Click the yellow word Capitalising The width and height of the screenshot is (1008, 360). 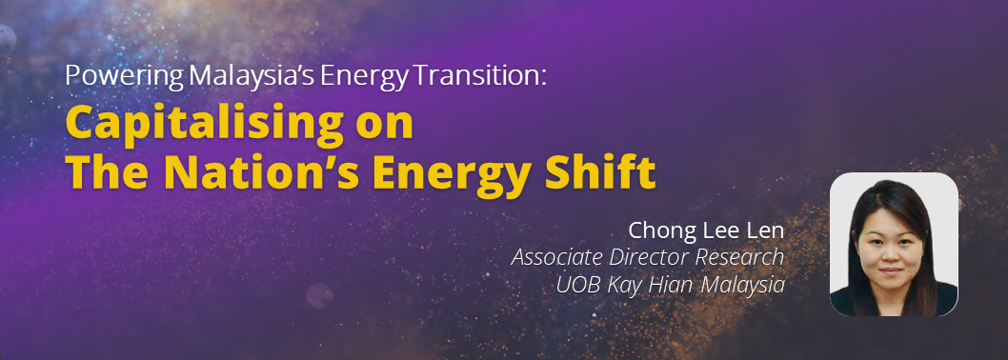click(204, 126)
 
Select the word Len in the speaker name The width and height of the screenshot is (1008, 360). click(765, 230)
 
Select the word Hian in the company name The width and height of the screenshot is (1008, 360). click(670, 285)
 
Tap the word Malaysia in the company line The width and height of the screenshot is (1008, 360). click(742, 286)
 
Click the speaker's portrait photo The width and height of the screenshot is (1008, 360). click(894, 244)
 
